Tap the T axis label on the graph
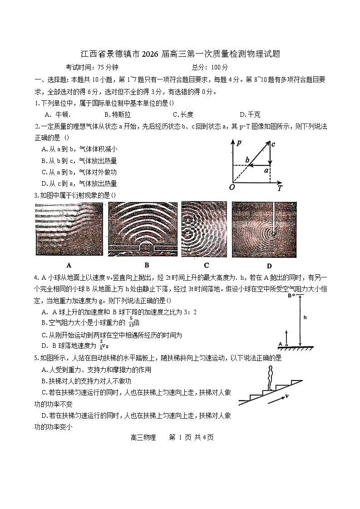click(280, 187)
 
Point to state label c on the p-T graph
click(273, 144)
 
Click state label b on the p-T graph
click(247, 160)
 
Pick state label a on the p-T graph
click(266, 170)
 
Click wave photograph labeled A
click(69, 230)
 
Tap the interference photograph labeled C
click(204, 230)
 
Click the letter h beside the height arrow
click(305, 317)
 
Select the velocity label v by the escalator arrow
click(287, 396)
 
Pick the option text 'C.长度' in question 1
click(183, 114)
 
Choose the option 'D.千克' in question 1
click(250, 114)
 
